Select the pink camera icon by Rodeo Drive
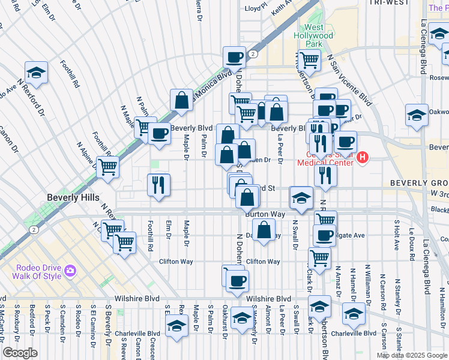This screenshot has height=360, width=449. coord(70,271)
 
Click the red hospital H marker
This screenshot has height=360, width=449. coord(362,158)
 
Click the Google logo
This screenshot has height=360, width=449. coord(20,353)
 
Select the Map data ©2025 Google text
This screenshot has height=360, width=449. coord(411,355)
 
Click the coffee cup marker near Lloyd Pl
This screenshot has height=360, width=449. coord(234,58)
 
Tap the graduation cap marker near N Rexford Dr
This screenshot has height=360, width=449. coord(37,73)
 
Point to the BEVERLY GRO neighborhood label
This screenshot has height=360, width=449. coord(418,182)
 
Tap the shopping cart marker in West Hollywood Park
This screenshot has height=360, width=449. coord(309,59)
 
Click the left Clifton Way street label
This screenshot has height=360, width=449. coord(176,262)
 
